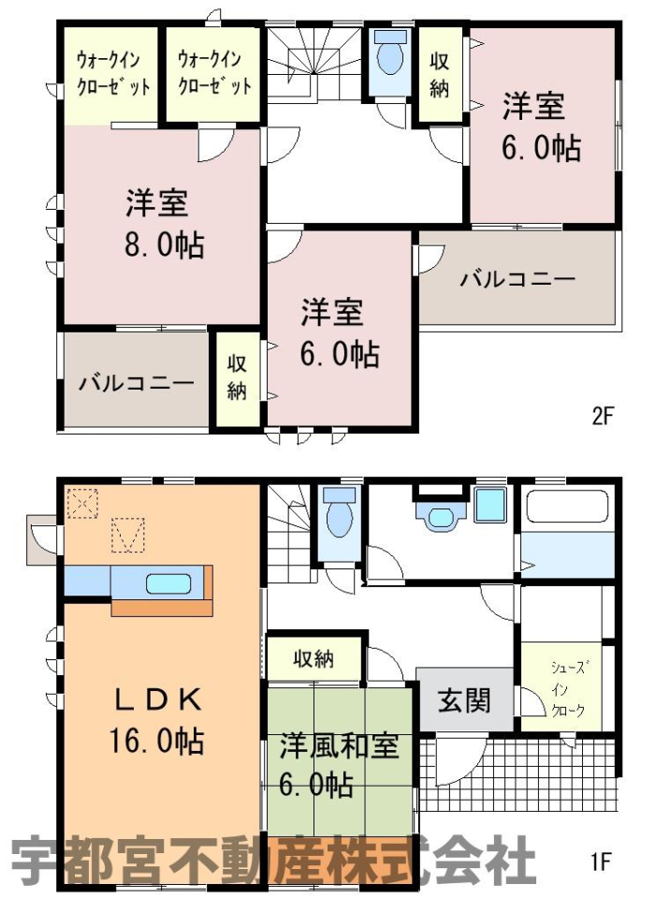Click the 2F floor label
pyautogui.click(x=602, y=415)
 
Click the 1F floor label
pyautogui.click(x=601, y=862)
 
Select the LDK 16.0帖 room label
pyautogui.click(x=156, y=720)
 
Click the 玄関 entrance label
pyautogui.click(x=465, y=700)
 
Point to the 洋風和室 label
pyautogui.click(x=340, y=747)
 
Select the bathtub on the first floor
pyautogui.click(x=567, y=507)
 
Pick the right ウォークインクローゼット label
pyautogui.click(x=214, y=73)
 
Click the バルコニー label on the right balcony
pyautogui.click(x=518, y=279)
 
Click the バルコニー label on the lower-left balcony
pyautogui.click(x=137, y=383)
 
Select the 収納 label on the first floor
pyautogui.click(x=313, y=658)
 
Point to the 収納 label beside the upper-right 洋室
pyautogui.click(x=440, y=75)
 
